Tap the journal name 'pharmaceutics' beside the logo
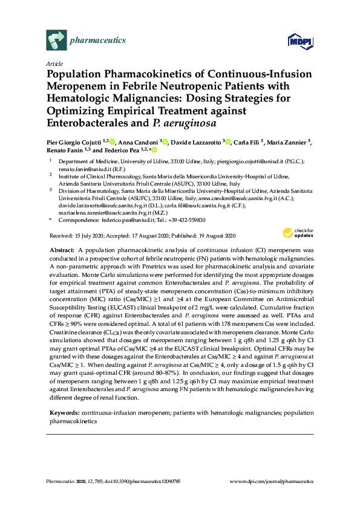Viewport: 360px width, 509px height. click(x=98, y=41)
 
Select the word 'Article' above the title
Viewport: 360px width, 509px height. click(x=54, y=63)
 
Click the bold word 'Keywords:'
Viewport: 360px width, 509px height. click(x=64, y=412)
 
